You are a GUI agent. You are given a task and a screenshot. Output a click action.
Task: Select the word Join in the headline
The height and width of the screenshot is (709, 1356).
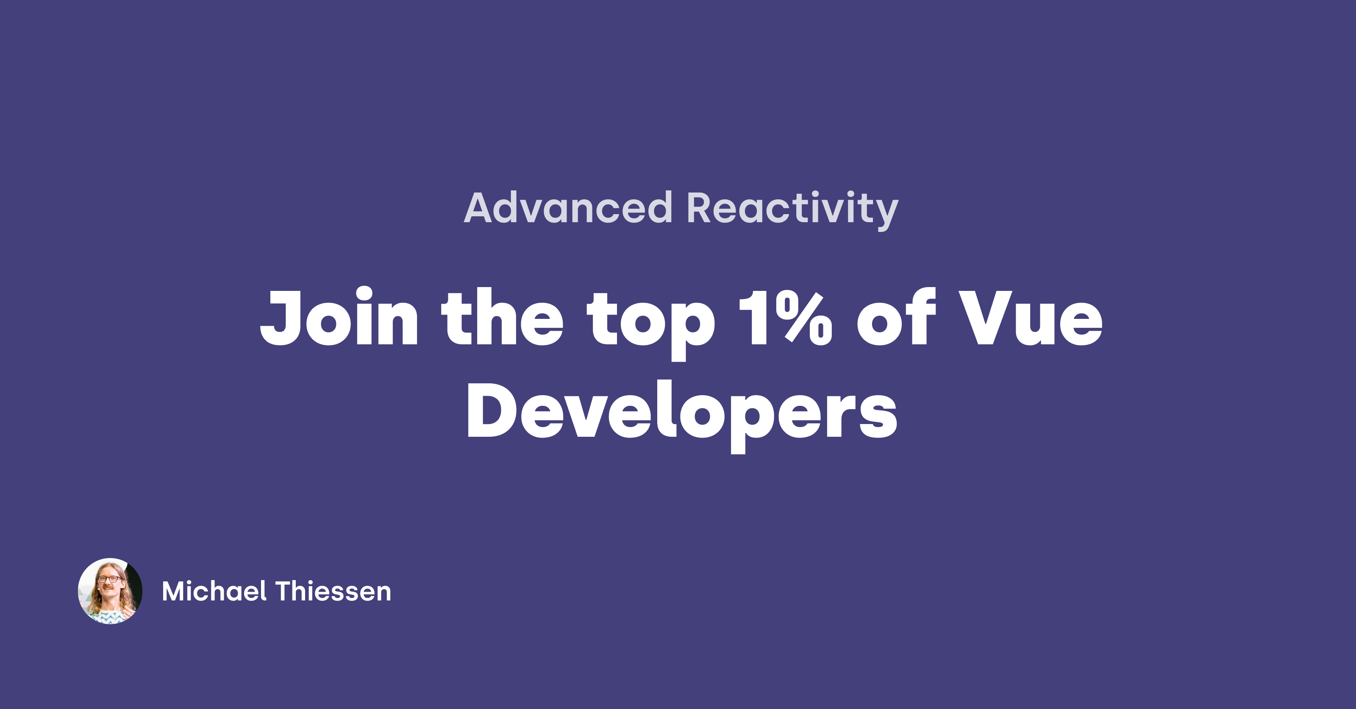(x=339, y=316)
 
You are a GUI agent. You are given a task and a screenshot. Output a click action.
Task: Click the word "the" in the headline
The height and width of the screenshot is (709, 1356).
(x=502, y=316)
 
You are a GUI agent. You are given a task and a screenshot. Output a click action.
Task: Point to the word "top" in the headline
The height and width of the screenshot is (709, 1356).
(x=651, y=324)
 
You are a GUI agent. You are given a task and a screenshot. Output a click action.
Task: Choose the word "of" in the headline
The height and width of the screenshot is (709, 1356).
(x=897, y=316)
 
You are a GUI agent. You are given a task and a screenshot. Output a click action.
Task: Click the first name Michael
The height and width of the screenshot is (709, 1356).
(x=214, y=591)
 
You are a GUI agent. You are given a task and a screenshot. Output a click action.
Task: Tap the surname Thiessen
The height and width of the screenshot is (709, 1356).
(x=333, y=591)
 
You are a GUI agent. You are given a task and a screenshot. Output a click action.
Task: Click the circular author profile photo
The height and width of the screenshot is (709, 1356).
(x=110, y=591)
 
